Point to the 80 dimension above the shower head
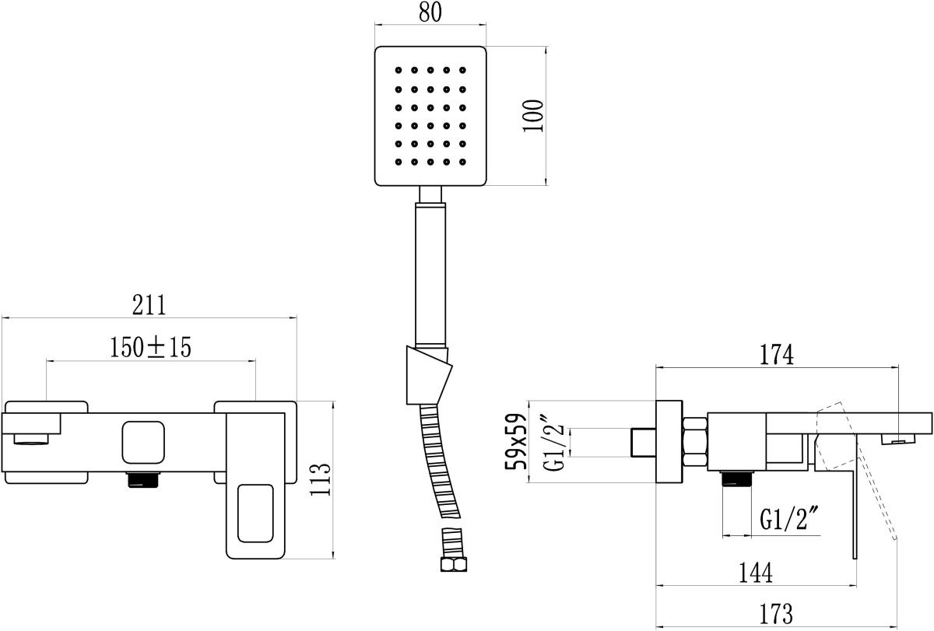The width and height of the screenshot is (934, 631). click(x=430, y=13)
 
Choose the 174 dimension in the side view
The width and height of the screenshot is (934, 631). click(x=778, y=355)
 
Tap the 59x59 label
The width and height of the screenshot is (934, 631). click(x=516, y=441)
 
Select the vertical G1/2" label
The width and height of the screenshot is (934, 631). click(x=554, y=442)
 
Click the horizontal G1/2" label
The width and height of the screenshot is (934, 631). click(x=791, y=520)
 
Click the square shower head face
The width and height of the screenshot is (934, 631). click(x=430, y=117)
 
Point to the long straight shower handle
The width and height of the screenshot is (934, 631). click(x=431, y=272)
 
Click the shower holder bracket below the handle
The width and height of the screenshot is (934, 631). click(x=428, y=375)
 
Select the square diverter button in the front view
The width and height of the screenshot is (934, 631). click(x=143, y=441)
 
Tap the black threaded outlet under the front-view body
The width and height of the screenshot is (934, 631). click(x=143, y=480)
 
